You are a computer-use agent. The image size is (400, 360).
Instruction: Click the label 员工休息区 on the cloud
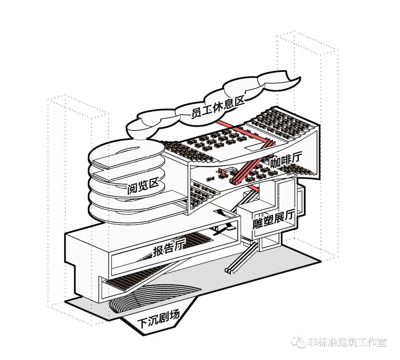point(218,106)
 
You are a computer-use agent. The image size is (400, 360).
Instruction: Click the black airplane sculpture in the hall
point(223,230)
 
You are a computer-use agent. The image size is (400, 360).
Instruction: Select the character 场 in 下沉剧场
point(173,315)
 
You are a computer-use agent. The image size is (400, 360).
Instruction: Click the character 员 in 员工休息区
point(196,113)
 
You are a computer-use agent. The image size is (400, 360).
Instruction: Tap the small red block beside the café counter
point(222,171)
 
